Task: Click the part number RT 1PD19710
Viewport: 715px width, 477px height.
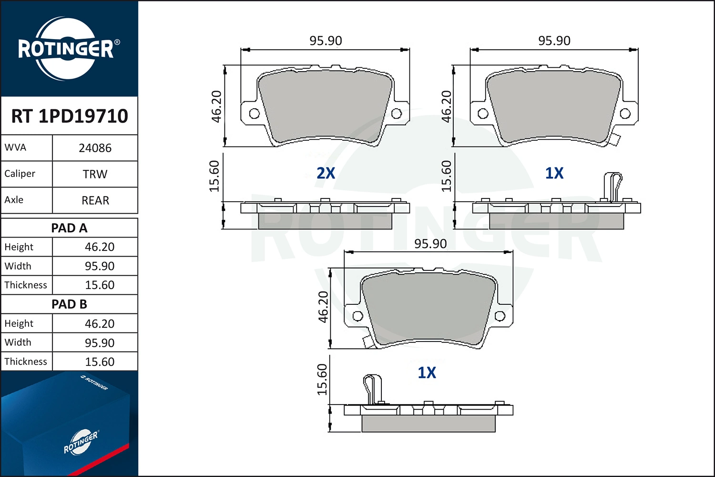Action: coord(70,116)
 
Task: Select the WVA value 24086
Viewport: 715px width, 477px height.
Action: coord(95,148)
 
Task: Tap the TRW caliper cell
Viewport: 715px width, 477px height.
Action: coord(95,174)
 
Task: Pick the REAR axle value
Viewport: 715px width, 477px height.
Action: coord(95,200)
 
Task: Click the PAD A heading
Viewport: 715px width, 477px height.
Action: coord(69,228)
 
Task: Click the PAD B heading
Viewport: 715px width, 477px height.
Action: coord(69,304)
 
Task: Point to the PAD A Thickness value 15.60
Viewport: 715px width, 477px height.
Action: coord(100,285)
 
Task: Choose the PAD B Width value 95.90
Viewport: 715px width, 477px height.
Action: coord(100,343)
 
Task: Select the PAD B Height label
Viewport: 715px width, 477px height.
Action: coord(19,323)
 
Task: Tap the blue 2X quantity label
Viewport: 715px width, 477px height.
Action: coord(326,173)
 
